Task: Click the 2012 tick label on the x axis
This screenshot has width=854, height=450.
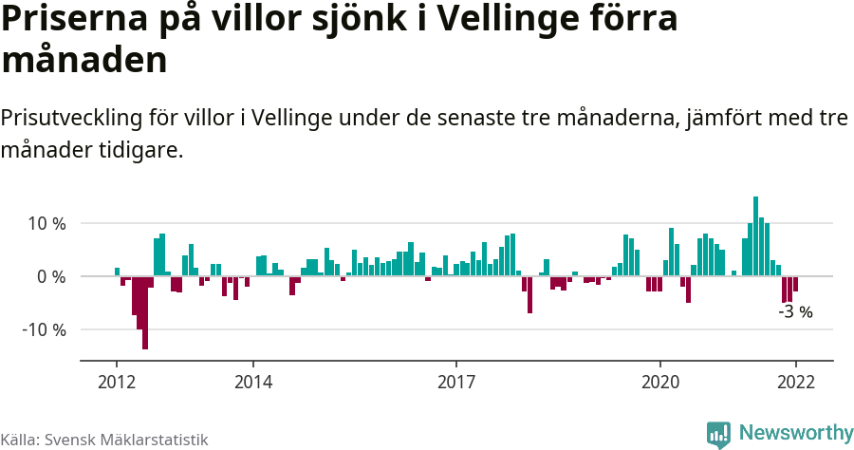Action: (x=116, y=382)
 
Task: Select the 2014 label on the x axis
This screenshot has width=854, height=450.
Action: (x=252, y=382)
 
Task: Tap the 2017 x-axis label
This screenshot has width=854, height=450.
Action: (x=456, y=382)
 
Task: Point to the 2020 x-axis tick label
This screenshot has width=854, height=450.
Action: (x=660, y=382)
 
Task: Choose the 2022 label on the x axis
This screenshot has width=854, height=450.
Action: (x=795, y=382)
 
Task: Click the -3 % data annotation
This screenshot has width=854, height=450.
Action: (x=795, y=311)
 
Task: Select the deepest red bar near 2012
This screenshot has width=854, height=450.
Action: (x=145, y=312)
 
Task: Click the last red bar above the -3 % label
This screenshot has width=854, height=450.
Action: (x=795, y=284)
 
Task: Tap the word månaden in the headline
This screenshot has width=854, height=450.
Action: (x=84, y=60)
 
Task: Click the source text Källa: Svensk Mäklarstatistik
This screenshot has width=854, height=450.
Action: (x=103, y=440)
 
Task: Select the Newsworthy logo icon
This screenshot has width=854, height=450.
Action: (x=718, y=434)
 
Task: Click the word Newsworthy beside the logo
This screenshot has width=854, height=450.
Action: (x=795, y=433)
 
